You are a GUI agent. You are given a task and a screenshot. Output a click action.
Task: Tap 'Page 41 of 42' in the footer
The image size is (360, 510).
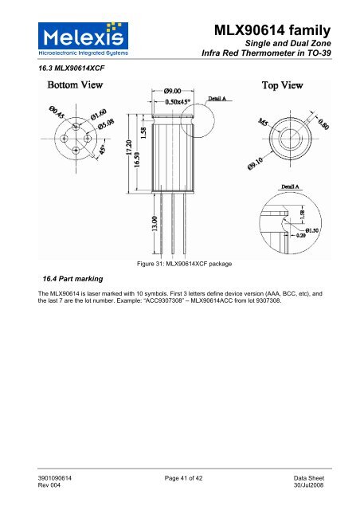click(180, 476)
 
